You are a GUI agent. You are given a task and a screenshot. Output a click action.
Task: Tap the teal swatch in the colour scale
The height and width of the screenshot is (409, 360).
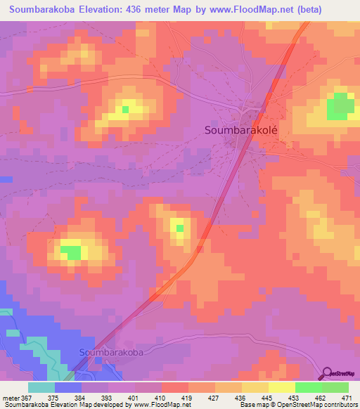pyautogui.click(x=41, y=387)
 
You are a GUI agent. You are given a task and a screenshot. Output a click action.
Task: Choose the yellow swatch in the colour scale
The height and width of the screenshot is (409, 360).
pyautogui.click(x=282, y=387)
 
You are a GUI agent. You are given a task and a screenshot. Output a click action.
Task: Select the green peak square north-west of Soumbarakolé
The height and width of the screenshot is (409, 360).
pyautogui.click(x=126, y=108)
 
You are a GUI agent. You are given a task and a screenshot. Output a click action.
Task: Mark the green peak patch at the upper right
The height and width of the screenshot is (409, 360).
pyautogui.click(x=340, y=105)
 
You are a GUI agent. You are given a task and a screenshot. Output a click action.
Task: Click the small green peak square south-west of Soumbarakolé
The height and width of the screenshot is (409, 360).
pyautogui.click(x=180, y=228)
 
